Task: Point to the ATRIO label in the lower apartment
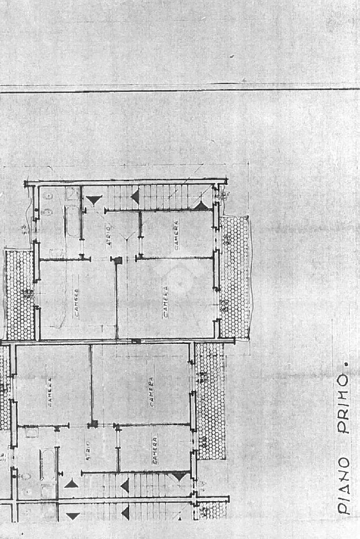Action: [88, 451]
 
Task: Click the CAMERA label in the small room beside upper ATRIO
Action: [176, 234]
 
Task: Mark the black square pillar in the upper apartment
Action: [118, 260]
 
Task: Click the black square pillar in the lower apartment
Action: [93, 423]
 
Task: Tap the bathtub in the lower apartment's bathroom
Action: [47, 464]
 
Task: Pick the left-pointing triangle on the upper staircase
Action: [135, 197]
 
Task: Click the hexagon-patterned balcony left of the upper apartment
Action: [20, 295]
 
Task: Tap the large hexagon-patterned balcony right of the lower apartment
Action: [210, 400]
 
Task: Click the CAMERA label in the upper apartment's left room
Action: [76, 303]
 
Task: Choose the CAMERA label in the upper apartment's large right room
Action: [166, 301]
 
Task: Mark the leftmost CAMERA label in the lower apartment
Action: [50, 393]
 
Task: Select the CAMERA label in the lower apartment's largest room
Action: [151, 393]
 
